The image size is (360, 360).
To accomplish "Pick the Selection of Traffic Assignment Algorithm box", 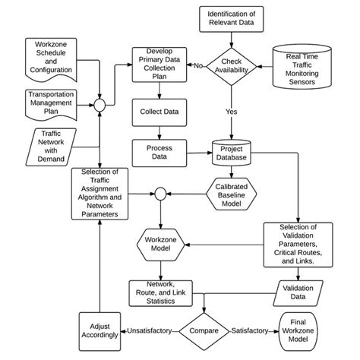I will pos(99,194).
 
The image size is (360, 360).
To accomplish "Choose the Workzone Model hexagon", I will pos(160,245).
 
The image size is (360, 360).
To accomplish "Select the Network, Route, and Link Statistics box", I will pos(160,291).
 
